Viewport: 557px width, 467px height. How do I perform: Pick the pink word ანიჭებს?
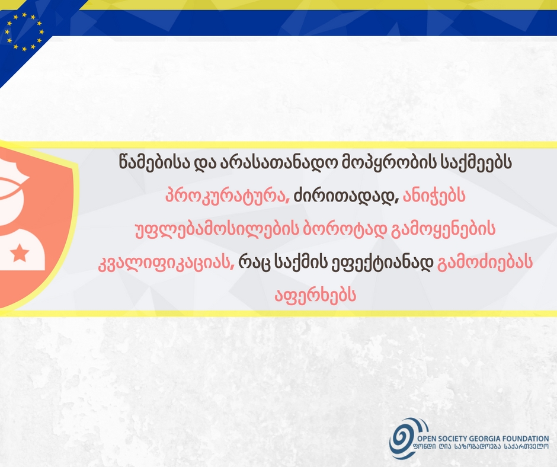point(434,196)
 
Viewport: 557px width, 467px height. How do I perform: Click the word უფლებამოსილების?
point(217,229)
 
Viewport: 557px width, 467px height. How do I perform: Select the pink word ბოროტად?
point(344,229)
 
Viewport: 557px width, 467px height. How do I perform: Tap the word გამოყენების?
point(443,229)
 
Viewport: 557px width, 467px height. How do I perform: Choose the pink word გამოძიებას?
point(485,263)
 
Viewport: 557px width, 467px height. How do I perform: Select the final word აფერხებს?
point(315,295)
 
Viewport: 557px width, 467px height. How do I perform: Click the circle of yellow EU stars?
point(24,32)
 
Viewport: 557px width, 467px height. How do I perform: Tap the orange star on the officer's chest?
point(20,254)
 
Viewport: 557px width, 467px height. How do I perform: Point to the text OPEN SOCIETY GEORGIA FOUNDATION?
point(483,439)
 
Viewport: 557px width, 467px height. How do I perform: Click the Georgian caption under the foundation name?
point(481,447)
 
